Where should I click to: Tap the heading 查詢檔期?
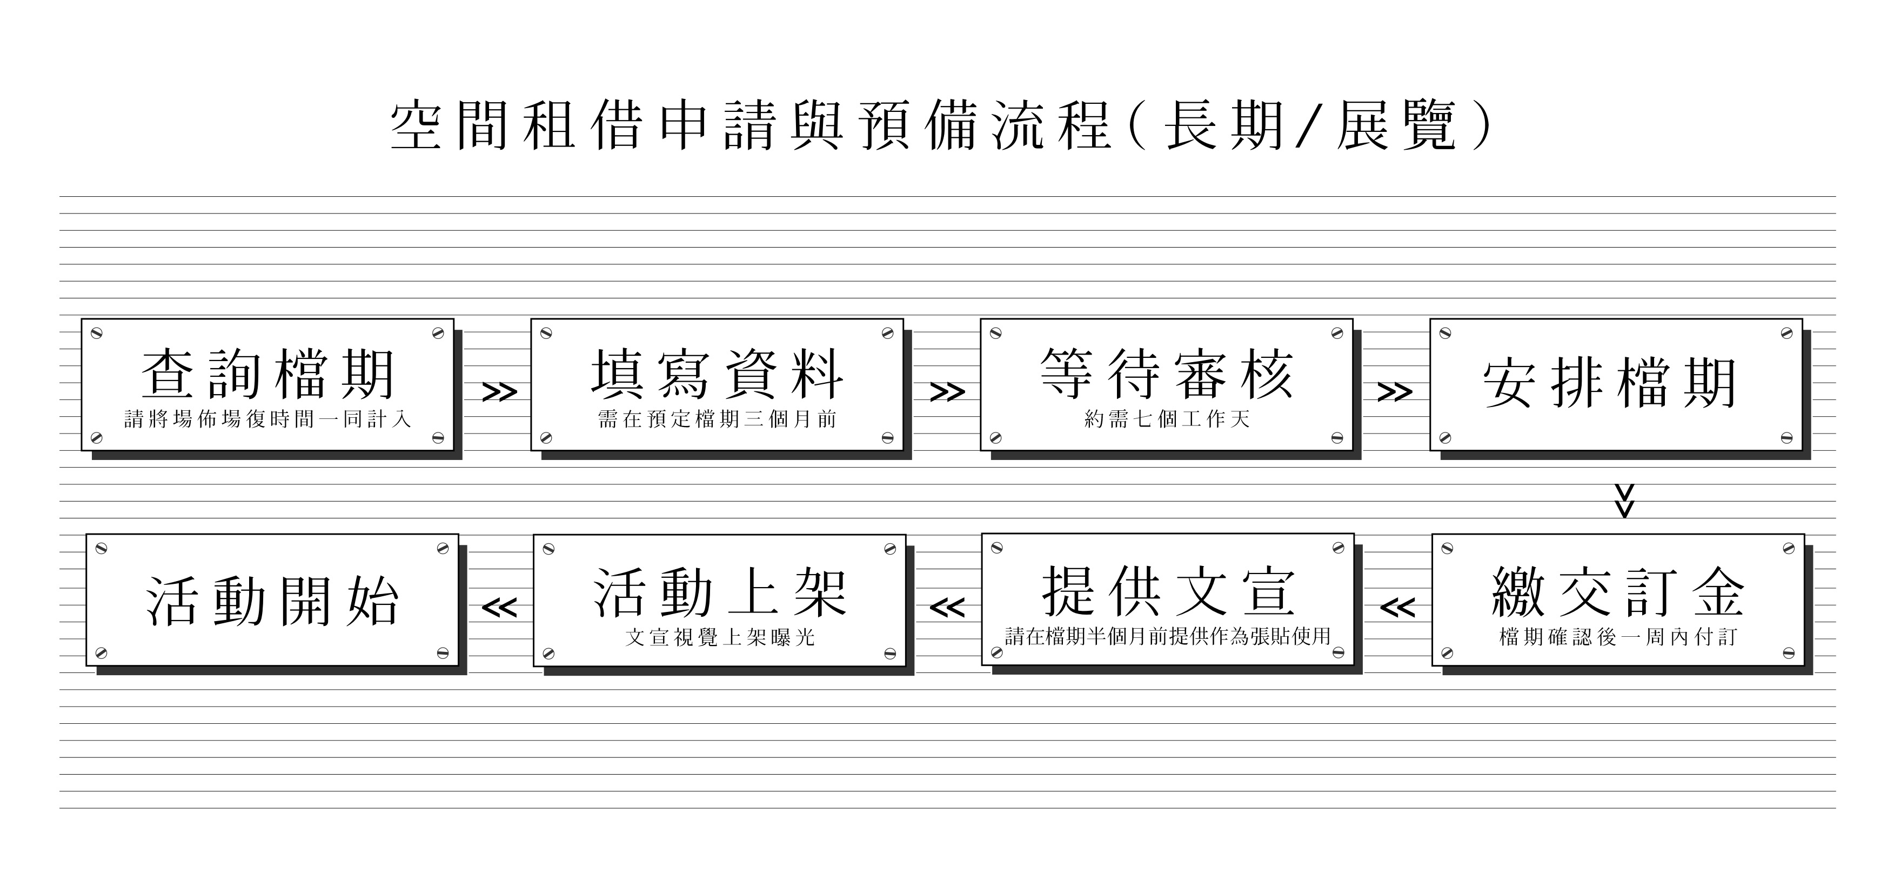(x=269, y=375)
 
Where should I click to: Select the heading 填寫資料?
(x=718, y=375)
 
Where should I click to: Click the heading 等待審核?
(x=1167, y=374)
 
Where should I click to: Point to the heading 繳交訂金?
(x=1617, y=592)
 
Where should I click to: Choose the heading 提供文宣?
(x=1168, y=591)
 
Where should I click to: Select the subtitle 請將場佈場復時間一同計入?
(x=267, y=419)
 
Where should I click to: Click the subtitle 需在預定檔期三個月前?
(x=718, y=419)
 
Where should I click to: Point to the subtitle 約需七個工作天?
(x=1167, y=419)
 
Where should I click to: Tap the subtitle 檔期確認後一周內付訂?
(x=1617, y=637)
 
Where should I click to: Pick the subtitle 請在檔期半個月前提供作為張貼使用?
(x=1168, y=636)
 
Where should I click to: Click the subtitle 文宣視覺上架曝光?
(x=720, y=637)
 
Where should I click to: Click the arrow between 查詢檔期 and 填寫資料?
(x=499, y=392)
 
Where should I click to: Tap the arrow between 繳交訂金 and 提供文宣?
(x=1397, y=608)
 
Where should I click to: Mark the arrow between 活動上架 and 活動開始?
(x=499, y=608)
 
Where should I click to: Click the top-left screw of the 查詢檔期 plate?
(x=96, y=333)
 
